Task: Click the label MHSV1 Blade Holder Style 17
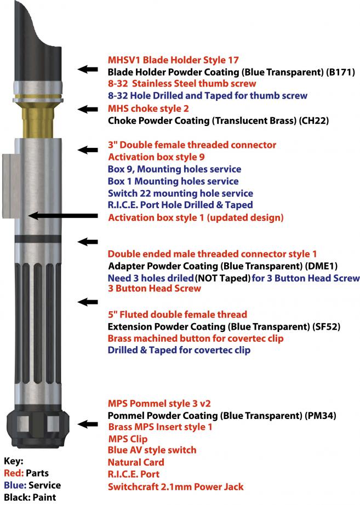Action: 173,60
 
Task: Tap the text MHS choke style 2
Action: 148,108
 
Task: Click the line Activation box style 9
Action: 156,157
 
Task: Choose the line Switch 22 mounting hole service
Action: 180,193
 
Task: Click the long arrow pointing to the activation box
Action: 63,215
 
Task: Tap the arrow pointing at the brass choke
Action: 88,109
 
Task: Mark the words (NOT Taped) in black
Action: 223,278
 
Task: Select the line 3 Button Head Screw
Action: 155,288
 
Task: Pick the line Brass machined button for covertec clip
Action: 196,338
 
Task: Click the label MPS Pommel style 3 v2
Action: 159,404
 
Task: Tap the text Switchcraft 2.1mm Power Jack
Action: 176,486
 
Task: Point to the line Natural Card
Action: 136,462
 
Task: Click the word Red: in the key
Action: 14,473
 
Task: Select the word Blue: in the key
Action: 15,485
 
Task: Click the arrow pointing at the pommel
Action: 88,424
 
